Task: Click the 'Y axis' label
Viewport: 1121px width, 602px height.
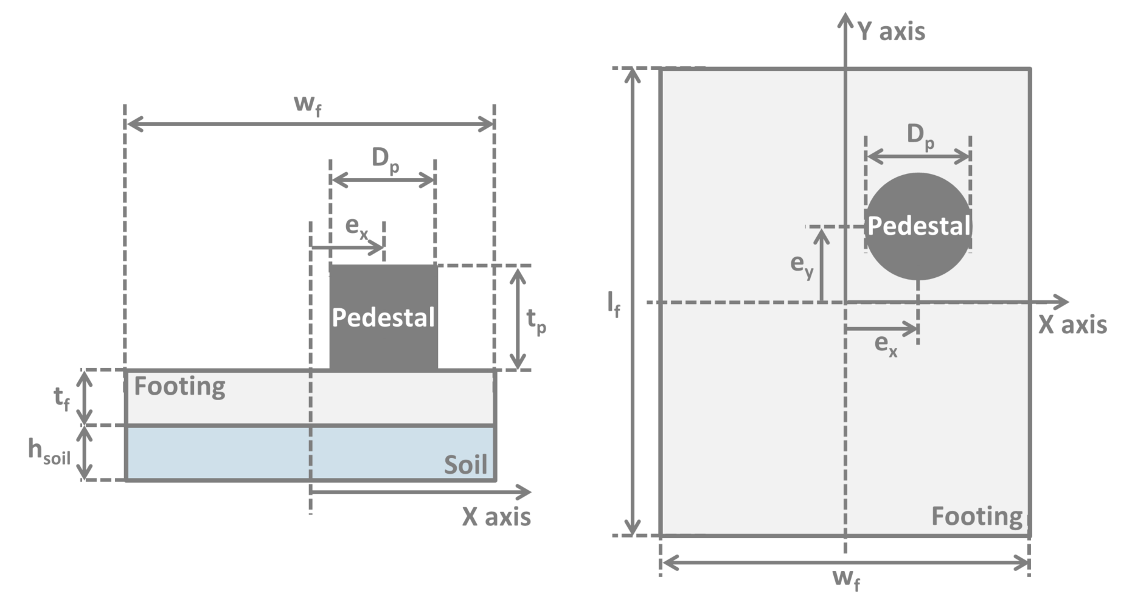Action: [891, 31]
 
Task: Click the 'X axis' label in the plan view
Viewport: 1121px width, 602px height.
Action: [1072, 325]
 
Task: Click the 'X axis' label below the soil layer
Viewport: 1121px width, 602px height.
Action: [496, 517]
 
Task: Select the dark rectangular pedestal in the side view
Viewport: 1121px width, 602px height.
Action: [383, 341]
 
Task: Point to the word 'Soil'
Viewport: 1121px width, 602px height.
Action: [465, 465]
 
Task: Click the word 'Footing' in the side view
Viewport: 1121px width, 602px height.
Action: [179, 387]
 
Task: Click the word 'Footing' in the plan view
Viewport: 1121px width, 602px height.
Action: [977, 516]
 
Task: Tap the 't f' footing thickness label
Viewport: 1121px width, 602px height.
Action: [61, 399]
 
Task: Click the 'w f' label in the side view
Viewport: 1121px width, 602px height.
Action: [308, 105]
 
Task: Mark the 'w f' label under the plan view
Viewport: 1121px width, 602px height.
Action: [846, 579]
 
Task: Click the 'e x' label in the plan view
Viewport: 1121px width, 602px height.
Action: [886, 345]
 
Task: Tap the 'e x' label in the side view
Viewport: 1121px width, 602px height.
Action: [357, 227]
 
